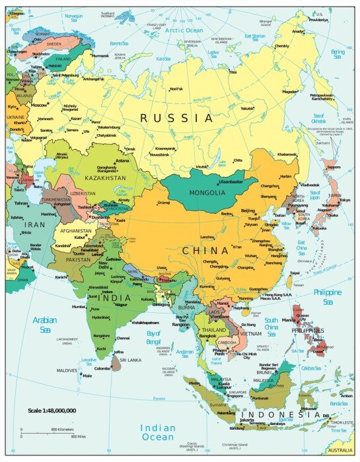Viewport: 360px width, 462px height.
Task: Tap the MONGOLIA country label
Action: [207, 193]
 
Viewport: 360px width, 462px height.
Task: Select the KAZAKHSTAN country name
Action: [104, 177]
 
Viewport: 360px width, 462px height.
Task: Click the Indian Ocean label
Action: [158, 432]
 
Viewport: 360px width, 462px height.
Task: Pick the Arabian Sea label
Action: [46, 324]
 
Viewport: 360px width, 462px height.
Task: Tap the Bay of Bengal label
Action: [153, 336]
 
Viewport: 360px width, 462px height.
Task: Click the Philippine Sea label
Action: [328, 296]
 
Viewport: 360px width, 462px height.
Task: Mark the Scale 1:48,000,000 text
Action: [52, 411]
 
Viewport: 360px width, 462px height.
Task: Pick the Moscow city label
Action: [39, 105]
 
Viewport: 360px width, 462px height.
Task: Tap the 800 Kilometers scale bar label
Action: [62, 429]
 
